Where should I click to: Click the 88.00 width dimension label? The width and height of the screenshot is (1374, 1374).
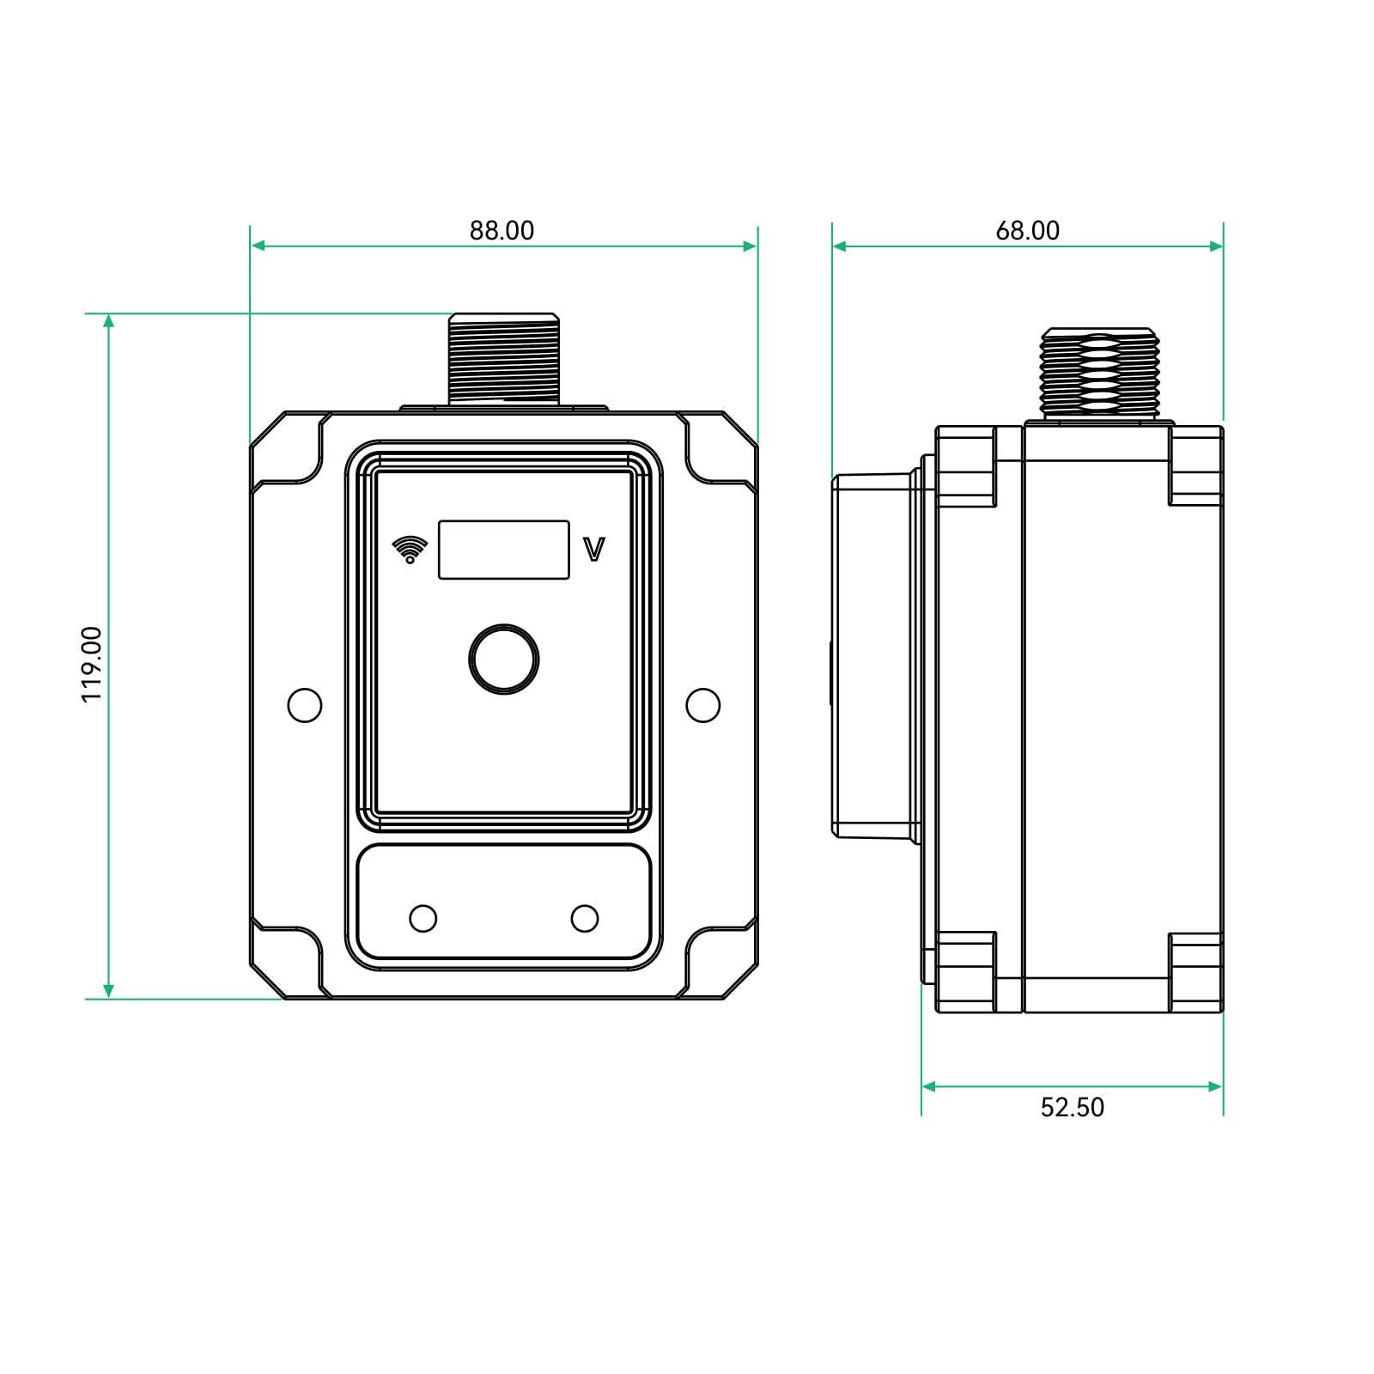[x=502, y=230]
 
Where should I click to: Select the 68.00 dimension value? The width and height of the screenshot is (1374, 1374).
[x=1027, y=230]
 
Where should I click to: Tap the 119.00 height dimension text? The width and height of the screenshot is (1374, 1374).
[x=92, y=664]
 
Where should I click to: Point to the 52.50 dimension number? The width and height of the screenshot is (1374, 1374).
[x=1072, y=1107]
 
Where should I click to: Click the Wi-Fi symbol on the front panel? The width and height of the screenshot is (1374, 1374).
[x=410, y=550]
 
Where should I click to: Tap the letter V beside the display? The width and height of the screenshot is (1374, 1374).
[x=594, y=550]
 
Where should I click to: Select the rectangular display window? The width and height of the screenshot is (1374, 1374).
[x=504, y=550]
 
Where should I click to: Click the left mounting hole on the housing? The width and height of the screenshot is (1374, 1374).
[x=305, y=705]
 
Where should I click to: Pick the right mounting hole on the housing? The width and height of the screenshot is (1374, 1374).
[x=703, y=705]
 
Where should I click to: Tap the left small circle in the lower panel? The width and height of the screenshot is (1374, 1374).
[x=423, y=918]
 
